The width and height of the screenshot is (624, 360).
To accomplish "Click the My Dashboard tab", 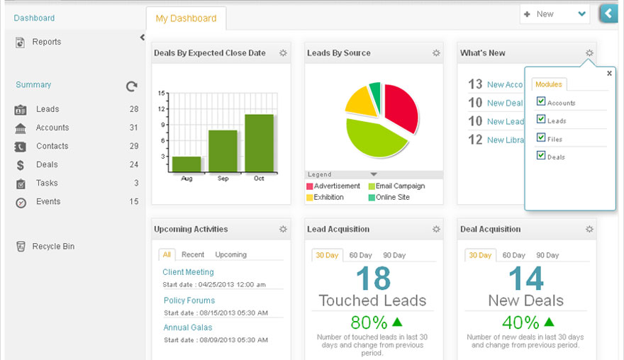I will click(x=185, y=18).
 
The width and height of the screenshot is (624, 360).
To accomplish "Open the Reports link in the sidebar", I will click(x=46, y=42).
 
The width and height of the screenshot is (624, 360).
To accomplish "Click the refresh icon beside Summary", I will click(x=131, y=86).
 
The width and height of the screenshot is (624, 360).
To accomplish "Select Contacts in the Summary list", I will click(x=52, y=146).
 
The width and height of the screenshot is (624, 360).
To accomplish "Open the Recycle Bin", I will click(x=53, y=247).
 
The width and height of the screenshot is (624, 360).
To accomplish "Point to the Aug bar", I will click(x=186, y=164).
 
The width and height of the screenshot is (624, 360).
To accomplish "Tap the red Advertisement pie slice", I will click(x=399, y=106).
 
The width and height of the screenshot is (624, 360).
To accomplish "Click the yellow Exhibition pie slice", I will click(x=361, y=102).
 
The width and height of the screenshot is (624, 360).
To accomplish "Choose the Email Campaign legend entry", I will click(x=400, y=186).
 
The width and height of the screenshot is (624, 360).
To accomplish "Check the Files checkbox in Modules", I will click(x=542, y=137).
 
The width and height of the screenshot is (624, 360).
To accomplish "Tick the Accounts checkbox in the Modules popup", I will click(x=542, y=101).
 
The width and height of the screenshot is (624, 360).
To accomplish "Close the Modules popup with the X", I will click(x=609, y=73).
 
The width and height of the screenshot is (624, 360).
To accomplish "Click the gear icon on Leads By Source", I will click(x=436, y=53).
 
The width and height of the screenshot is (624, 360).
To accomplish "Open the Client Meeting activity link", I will click(x=188, y=272).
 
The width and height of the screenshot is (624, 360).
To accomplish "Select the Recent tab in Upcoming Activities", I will click(x=193, y=254).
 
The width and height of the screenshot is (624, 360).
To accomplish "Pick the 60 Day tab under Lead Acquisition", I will click(x=360, y=255).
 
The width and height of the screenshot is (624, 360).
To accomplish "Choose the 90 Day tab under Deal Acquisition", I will click(x=547, y=255).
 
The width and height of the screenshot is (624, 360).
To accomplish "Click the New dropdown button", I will click(x=555, y=14).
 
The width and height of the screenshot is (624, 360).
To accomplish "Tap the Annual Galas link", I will click(x=188, y=327).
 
